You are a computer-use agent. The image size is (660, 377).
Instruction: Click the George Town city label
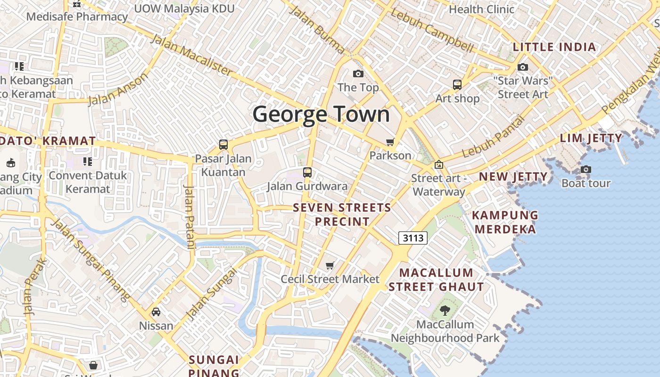[322, 114]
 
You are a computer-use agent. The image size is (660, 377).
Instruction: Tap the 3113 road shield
[413, 238]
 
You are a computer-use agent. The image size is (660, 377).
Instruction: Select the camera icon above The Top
[358, 74]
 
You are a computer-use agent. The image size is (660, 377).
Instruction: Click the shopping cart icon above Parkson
[390, 142]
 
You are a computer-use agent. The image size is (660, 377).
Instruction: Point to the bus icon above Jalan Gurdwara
[307, 172]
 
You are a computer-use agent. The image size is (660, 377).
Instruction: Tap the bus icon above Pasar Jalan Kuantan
[223, 145]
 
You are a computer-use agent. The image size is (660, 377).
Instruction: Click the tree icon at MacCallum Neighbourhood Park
[445, 310]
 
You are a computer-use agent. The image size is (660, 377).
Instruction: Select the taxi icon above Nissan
[156, 312]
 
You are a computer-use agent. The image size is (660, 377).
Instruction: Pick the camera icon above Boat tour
[586, 169]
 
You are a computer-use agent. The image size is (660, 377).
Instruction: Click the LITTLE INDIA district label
[554, 47]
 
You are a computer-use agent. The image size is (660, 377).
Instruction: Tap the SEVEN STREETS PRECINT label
[342, 214]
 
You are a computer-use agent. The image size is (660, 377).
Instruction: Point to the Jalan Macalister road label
[191, 55]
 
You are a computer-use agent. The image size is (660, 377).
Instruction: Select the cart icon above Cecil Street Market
[330, 266]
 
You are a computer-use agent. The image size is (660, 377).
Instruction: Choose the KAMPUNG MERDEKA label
[505, 222]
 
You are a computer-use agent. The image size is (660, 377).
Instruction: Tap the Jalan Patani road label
[190, 217]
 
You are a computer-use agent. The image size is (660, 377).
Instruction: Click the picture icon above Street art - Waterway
[439, 164]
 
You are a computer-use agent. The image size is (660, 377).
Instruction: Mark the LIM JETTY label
[591, 138]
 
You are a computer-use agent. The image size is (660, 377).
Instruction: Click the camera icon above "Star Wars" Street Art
[523, 67]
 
